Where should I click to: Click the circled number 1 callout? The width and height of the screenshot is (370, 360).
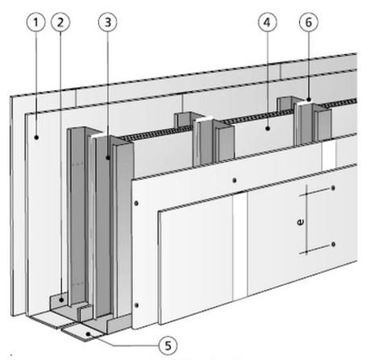point(35,23)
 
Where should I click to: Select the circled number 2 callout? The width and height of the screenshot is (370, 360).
point(60,23)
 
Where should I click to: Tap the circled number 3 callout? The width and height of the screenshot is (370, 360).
point(108,23)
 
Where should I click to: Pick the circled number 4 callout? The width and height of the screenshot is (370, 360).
point(268,23)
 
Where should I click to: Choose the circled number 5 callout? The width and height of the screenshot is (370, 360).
point(168,346)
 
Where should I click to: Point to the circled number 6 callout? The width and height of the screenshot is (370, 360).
point(309,23)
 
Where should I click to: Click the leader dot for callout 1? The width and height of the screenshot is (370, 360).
point(36,138)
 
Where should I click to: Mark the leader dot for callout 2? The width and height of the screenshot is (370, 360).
point(61,300)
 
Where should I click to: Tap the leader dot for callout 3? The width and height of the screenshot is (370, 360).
point(108,158)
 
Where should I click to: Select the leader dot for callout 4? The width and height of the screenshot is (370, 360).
point(268,129)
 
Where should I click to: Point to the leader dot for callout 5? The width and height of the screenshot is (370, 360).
point(89,334)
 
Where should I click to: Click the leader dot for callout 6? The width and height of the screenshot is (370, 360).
point(309,100)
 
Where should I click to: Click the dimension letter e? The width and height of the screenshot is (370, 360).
point(301,222)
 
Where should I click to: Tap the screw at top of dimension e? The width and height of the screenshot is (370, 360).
point(333,188)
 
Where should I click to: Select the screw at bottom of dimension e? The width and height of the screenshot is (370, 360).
point(333,244)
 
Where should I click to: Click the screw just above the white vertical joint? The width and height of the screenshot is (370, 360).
point(235,180)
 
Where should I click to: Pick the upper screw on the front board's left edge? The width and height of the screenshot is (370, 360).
point(136,203)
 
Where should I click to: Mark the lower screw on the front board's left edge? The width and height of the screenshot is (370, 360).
point(136,305)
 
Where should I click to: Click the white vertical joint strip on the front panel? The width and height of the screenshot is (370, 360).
point(239,246)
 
